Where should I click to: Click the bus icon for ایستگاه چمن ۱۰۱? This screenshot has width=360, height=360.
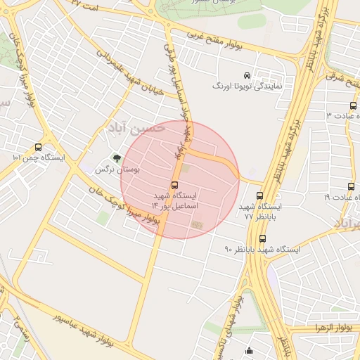[x=38, y=148]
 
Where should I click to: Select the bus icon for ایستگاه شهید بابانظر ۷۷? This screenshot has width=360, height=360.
[x=260, y=196]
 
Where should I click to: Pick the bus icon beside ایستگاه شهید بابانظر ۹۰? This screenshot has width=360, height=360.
[x=262, y=238]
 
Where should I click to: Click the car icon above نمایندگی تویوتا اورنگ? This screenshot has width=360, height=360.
[x=247, y=75]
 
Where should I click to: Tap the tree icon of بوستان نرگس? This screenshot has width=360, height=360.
[x=117, y=159]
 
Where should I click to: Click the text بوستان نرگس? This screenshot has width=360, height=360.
[x=118, y=170]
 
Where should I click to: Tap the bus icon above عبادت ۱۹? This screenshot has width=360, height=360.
[x=351, y=187]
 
